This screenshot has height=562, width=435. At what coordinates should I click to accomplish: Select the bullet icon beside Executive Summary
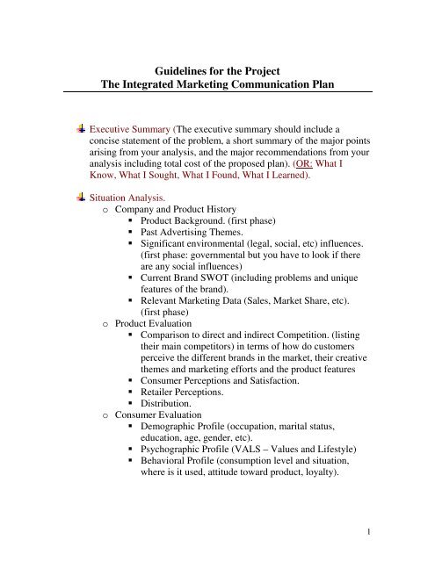pyautogui.click(x=81, y=126)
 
